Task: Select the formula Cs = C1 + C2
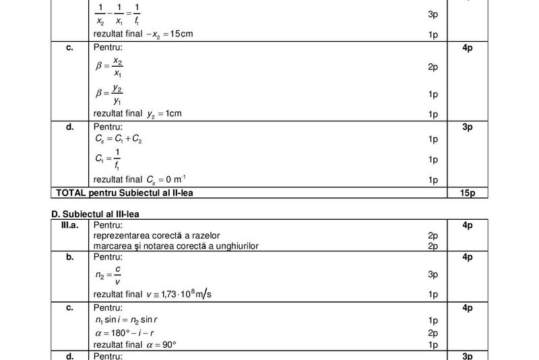click(x=119, y=140)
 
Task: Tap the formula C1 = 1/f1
click(x=107, y=160)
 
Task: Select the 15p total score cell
click(x=468, y=193)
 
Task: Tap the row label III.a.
click(x=69, y=225)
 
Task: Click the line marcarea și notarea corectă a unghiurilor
click(x=176, y=246)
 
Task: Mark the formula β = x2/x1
click(x=109, y=67)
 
